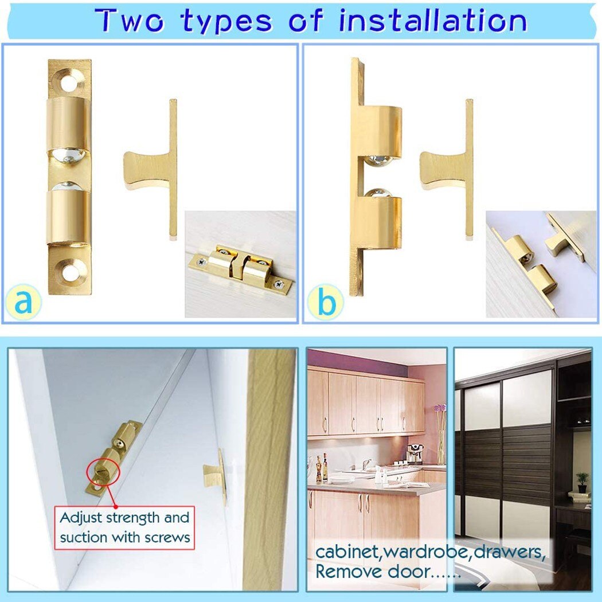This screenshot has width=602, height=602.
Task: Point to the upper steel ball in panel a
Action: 68,155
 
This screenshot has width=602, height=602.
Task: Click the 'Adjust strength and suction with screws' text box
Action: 124,528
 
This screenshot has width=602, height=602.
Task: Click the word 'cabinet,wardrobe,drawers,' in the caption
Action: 430,552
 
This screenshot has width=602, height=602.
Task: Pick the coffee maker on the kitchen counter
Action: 414,454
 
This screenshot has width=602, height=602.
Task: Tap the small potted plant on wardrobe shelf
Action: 582,482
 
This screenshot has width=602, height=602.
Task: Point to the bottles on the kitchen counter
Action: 322,469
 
